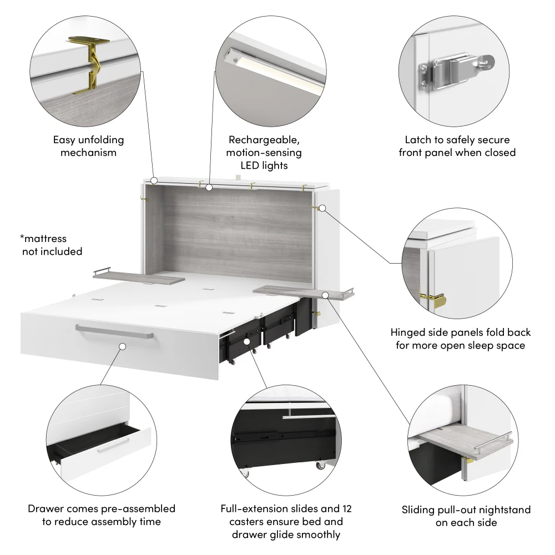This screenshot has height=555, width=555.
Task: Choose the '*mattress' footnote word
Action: [43, 239]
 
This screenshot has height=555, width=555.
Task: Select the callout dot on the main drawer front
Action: [122, 346]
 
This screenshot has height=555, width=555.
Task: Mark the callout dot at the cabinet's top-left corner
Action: [154, 180]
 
